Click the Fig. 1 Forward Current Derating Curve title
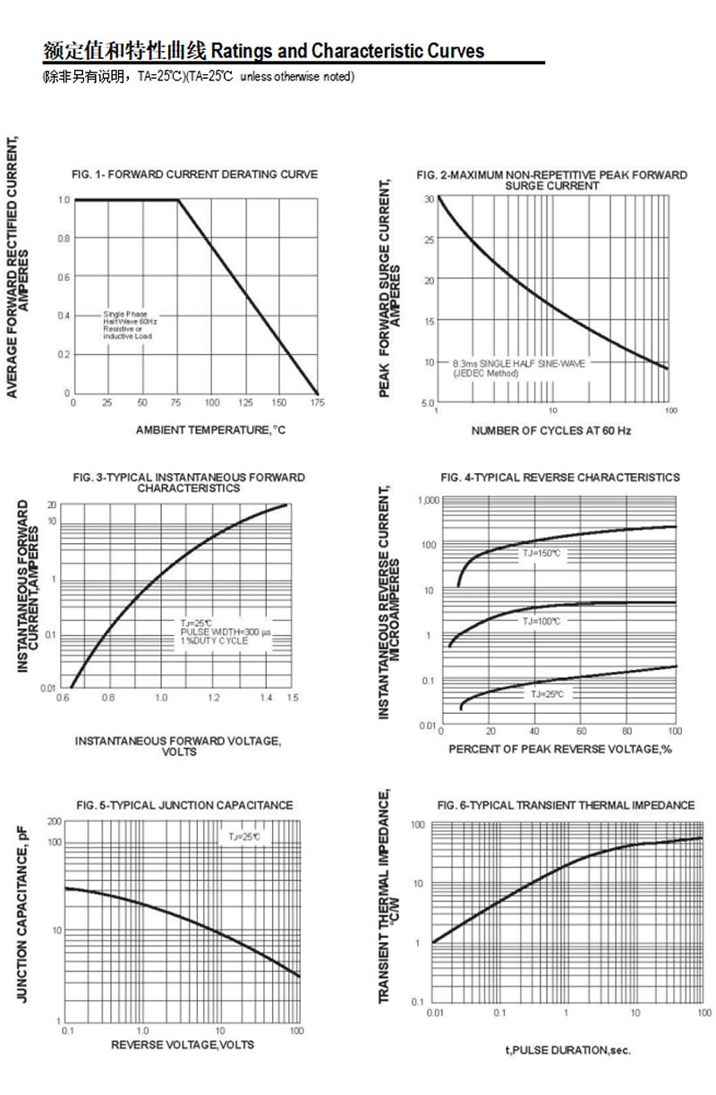tap(194, 174)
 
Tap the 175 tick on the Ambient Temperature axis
tap(317, 403)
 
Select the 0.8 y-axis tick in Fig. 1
tap(64, 239)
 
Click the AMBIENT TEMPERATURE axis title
tap(209, 430)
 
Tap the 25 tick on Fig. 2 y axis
tap(429, 240)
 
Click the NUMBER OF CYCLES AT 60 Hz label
tap(551, 431)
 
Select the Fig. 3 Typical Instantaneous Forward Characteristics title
tap(189, 483)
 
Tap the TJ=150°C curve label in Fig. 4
tap(541, 555)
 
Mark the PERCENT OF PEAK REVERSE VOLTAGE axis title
tap(559, 748)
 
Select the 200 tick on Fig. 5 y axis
tap(54, 821)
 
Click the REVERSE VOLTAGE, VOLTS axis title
tap(183, 1045)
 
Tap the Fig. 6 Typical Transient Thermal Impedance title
tap(566, 805)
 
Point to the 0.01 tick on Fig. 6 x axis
tap(435, 1012)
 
